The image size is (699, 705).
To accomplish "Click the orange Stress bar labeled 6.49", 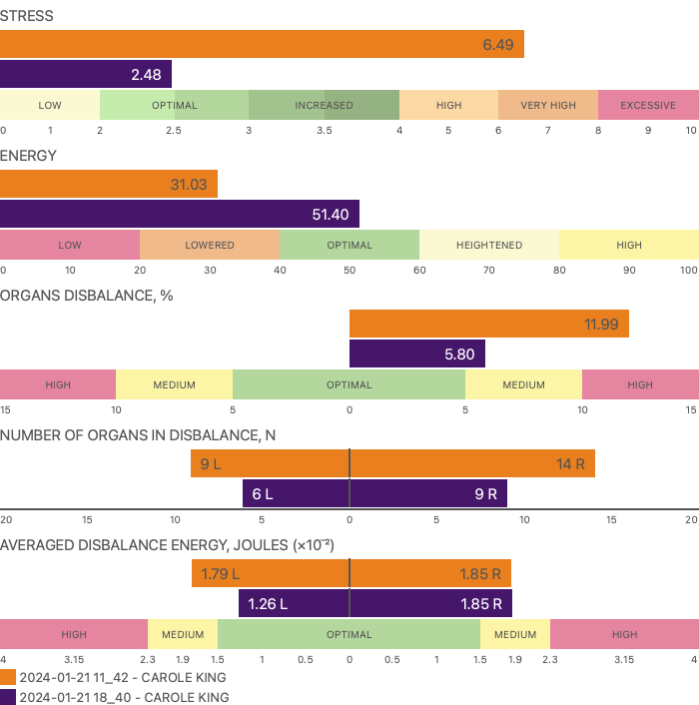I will click(x=262, y=45).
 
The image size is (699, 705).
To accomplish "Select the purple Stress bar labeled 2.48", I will click(x=86, y=75).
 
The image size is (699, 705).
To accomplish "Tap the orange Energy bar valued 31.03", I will click(x=109, y=185).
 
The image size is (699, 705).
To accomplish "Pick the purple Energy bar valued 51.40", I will click(x=180, y=215).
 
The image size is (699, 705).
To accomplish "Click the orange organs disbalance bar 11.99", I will click(x=489, y=325).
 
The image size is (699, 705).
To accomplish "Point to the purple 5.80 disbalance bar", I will click(x=417, y=354).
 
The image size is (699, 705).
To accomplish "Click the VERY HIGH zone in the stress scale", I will click(x=548, y=105).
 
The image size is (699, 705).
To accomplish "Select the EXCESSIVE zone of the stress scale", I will click(x=648, y=105).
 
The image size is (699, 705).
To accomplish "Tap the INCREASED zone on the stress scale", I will click(x=324, y=105).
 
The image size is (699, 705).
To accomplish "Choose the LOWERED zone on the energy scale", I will click(x=210, y=245).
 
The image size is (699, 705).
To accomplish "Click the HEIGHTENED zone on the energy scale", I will click(x=489, y=245).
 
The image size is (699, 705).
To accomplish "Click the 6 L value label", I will click(x=263, y=493).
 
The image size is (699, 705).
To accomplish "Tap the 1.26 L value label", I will click(x=267, y=603).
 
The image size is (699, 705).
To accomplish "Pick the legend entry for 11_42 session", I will click(x=123, y=677).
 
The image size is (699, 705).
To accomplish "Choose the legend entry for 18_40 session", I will click(x=123, y=697).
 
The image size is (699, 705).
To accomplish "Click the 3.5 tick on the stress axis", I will click(x=325, y=130).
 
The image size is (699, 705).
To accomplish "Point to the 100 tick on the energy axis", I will click(x=689, y=270).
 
